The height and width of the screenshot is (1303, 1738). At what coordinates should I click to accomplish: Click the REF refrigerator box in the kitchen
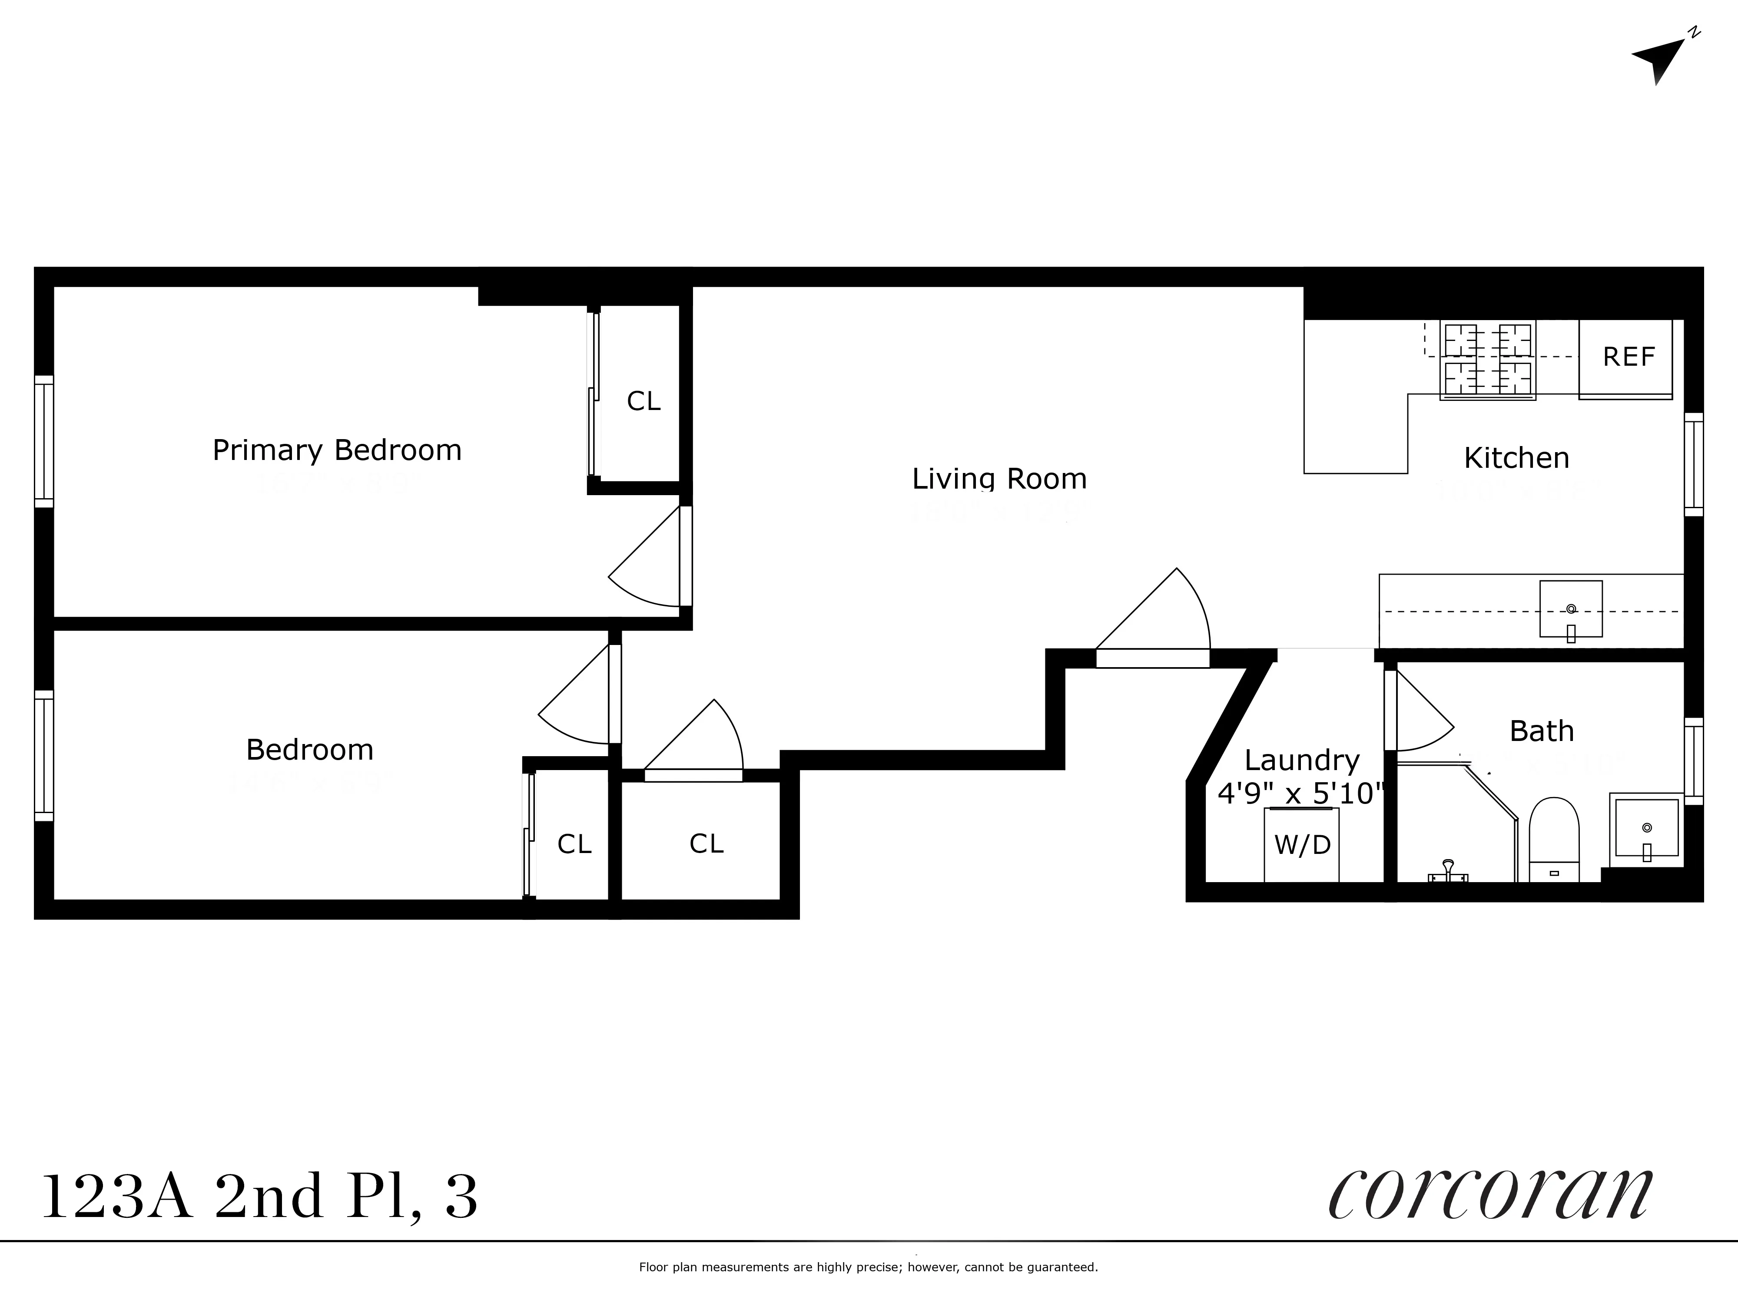point(1625,358)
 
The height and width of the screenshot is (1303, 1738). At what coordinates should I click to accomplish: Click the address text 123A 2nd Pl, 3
point(259,1197)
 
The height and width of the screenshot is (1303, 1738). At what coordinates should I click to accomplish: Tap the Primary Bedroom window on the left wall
point(44,441)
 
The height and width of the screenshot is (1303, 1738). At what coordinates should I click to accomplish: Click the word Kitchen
point(1516,458)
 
